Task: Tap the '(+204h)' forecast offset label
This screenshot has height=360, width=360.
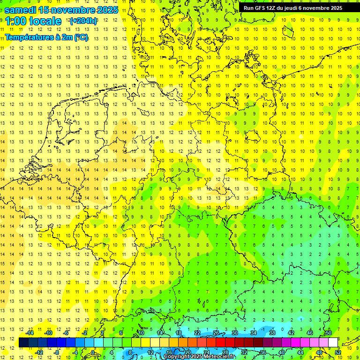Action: pyautogui.click(x=83, y=21)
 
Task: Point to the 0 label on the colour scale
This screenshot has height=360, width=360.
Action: pyautogui.click(x=93, y=352)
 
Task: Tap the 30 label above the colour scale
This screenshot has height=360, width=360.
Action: pyautogui.click(x=234, y=333)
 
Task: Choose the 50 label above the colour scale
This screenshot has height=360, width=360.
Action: pyautogui.click(x=328, y=333)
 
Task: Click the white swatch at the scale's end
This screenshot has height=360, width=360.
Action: pyautogui.click(x=333, y=342)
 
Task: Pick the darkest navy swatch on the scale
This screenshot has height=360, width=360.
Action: pyautogui.click(x=23, y=342)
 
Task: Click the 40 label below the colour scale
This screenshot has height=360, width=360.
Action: pyautogui.click(x=281, y=352)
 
